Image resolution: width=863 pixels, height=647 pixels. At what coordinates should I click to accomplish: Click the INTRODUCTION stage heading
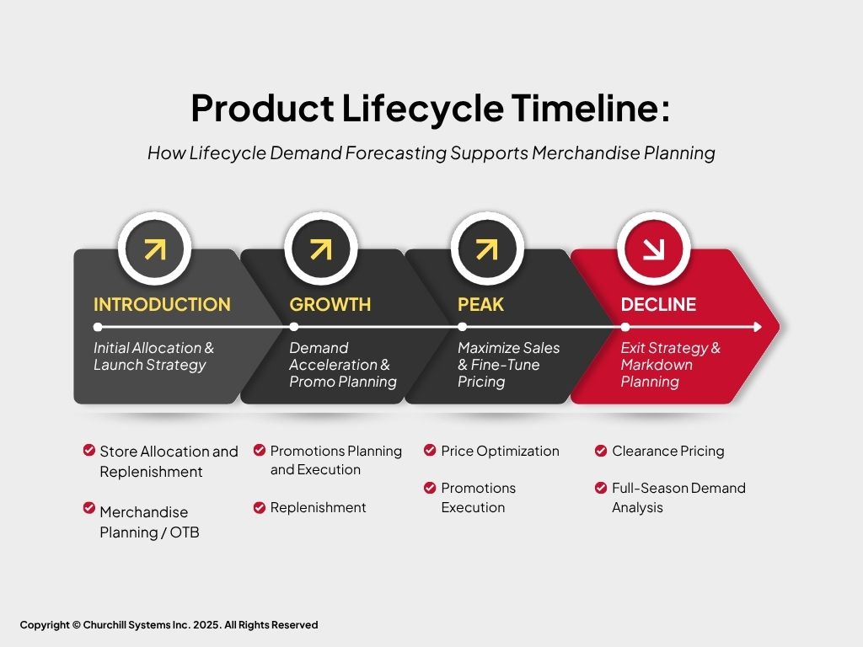[x=162, y=304]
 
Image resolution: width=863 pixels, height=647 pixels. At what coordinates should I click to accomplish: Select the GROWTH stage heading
[x=330, y=304]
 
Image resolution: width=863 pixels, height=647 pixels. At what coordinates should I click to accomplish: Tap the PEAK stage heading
[x=480, y=304]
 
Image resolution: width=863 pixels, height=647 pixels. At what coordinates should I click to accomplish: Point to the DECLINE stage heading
[x=658, y=304]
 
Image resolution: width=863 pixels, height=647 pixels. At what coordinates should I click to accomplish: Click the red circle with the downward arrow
[x=653, y=249]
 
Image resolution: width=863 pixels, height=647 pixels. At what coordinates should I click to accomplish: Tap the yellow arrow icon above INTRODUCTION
[x=155, y=249]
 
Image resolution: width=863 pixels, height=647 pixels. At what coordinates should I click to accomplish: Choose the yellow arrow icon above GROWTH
[x=321, y=249]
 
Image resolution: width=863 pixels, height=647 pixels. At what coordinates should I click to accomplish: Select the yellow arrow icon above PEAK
[x=487, y=249]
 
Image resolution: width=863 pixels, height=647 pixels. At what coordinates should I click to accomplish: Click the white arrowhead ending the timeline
[x=758, y=327]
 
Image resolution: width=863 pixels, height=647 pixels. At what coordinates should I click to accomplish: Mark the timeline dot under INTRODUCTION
[x=98, y=327]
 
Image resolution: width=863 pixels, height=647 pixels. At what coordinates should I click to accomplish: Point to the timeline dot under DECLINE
[x=625, y=327]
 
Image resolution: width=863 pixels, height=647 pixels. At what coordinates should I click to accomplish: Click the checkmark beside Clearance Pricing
[x=601, y=452]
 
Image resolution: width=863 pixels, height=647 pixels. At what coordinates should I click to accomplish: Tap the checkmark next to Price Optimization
[x=430, y=451]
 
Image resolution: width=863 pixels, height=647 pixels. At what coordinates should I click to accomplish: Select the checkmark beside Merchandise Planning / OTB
[x=89, y=508]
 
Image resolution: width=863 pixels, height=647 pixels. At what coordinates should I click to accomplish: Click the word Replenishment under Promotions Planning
[x=318, y=507]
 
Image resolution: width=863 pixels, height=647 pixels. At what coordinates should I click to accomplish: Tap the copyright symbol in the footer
[x=77, y=625]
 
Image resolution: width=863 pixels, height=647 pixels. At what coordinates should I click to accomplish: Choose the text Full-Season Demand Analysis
[x=678, y=497]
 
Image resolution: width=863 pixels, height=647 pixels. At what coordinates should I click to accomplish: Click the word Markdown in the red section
[x=657, y=365]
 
